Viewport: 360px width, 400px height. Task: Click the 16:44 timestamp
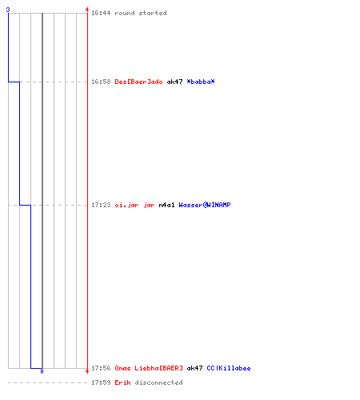pos(101,13)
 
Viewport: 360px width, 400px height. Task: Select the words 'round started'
pos(141,13)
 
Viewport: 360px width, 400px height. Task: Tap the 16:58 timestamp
pos(101,82)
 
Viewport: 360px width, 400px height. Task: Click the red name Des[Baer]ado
pos(138,82)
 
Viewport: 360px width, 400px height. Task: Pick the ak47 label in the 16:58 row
pos(174,82)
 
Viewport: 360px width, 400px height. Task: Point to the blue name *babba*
pos(201,82)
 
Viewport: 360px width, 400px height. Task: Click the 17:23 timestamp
pos(101,205)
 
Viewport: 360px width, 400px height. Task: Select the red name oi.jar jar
pos(134,205)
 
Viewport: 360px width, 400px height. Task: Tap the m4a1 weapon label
pos(166,205)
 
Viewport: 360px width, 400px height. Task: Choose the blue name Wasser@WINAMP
pos(205,205)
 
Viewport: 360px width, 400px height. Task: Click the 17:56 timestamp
pos(101,368)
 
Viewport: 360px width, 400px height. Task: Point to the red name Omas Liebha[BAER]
pos(149,368)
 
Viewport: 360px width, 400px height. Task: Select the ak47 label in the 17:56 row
pos(194,368)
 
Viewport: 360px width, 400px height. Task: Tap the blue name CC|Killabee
pos(229,368)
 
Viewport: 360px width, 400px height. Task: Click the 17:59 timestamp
pos(101,382)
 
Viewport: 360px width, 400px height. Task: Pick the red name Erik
pos(122,382)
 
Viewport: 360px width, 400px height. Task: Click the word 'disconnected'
pos(158,382)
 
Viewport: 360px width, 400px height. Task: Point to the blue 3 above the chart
pos(8,10)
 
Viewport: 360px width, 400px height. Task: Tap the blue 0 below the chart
pos(42,371)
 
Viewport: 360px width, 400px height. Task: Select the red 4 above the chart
pos(87,10)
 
